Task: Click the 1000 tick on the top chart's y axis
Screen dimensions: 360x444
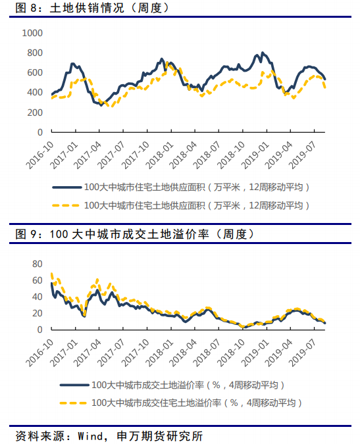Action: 32,33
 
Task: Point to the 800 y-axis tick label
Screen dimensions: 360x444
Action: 35,53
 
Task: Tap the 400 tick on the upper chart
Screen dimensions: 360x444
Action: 35,92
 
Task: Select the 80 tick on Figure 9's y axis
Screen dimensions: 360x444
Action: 38,264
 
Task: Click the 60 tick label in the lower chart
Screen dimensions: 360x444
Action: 38,280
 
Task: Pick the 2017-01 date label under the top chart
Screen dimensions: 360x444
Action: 64,155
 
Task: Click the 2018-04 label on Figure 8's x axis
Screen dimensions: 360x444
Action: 184,155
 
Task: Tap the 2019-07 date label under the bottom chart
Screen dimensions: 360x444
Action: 303,353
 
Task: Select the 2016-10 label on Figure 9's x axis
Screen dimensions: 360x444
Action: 40,353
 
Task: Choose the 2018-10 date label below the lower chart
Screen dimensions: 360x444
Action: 231,353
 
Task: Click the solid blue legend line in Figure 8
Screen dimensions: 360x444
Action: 67,187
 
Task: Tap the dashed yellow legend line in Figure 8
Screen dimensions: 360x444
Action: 66,205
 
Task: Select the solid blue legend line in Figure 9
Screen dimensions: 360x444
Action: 74,385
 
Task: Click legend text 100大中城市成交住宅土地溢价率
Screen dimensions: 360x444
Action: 156,403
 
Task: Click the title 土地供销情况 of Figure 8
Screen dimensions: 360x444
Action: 87,8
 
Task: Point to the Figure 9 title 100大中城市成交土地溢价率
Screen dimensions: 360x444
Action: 129,234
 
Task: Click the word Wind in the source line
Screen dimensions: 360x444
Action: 90,436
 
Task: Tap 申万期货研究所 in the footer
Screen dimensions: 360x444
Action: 159,436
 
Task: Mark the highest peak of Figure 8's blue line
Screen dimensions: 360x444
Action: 263,53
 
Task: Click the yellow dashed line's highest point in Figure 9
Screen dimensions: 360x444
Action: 51,274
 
